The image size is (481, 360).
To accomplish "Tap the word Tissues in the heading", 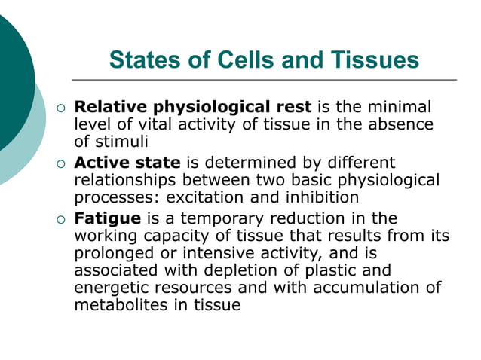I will point(373,59).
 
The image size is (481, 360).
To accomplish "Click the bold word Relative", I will point(110,108).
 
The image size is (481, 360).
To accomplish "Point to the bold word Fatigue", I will point(108,219).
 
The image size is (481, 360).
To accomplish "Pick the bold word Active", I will point(101,163).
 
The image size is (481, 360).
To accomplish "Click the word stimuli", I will point(121,141).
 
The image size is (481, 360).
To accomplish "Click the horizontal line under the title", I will point(264,79).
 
